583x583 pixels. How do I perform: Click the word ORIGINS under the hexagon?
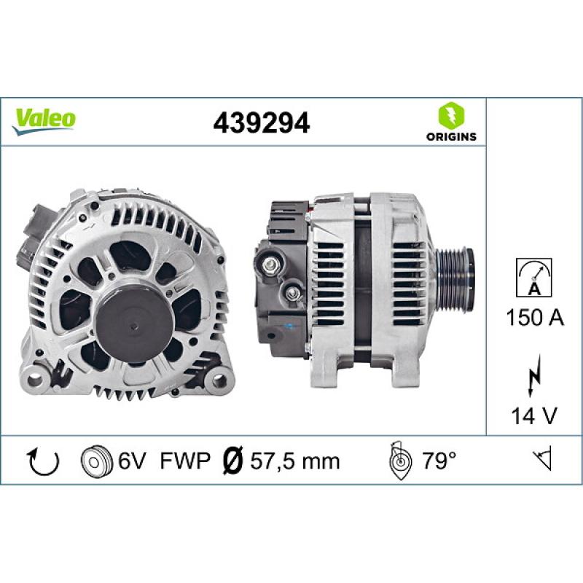(450, 136)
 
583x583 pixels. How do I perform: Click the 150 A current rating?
(533, 318)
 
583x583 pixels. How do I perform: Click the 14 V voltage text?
(533, 415)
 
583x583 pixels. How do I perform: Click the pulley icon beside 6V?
(94, 461)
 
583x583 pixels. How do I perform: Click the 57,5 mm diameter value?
(294, 461)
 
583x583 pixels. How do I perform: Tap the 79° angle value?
(439, 461)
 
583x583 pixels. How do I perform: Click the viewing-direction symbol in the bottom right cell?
(542, 460)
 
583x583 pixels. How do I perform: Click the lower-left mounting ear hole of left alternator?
(33, 377)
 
